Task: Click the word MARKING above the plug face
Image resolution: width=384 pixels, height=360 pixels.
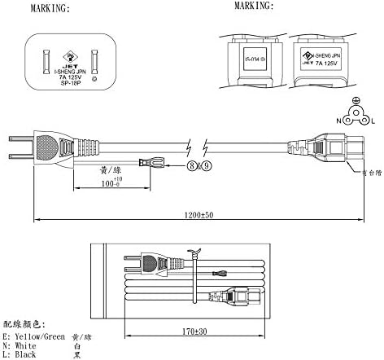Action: (x=48, y=10)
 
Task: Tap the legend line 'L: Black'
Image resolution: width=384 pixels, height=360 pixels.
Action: (x=22, y=354)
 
